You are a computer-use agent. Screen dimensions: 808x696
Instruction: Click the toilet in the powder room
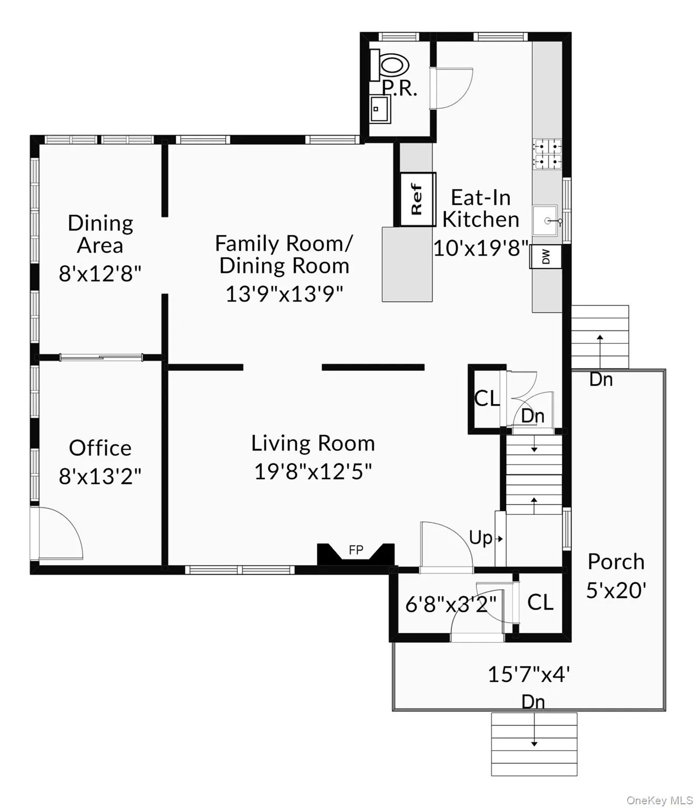pos(392,65)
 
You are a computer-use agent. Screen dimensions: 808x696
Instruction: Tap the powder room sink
pos(379,109)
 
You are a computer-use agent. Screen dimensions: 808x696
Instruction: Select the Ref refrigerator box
pos(418,199)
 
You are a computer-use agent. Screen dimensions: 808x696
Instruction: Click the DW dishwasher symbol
pos(546,257)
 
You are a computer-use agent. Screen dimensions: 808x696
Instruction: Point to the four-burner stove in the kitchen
pos(547,154)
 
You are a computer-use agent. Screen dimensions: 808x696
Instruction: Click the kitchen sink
pos(546,220)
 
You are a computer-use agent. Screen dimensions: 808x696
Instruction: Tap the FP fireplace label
pos(356,550)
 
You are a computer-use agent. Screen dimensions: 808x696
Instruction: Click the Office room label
pos(100,448)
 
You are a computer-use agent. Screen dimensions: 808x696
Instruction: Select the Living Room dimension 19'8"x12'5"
pos(313,471)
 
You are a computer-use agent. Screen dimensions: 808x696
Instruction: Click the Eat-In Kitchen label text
pos(480,208)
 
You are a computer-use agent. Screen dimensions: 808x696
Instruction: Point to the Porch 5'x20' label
pos(616,575)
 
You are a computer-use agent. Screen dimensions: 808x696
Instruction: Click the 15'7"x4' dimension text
pos(529,674)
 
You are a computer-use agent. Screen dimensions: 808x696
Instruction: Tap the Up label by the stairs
pos(481,538)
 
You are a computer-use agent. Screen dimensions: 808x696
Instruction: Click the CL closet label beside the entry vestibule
pos(540,602)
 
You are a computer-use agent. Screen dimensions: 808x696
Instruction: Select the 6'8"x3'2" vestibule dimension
pos(450,604)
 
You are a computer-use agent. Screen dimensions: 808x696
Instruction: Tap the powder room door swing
pos(451,88)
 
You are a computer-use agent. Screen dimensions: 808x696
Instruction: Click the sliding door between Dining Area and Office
pos(100,358)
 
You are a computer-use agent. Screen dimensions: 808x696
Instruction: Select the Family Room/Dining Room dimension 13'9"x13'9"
pos(284,294)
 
